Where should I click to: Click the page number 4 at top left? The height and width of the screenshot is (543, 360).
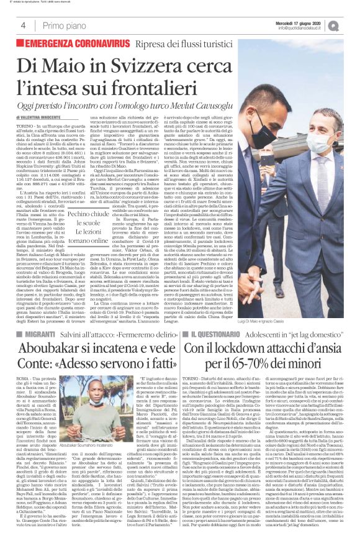[23, 25]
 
